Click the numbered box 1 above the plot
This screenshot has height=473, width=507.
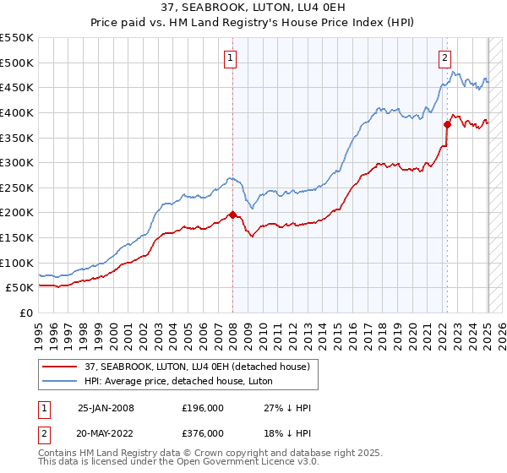(x=230, y=58)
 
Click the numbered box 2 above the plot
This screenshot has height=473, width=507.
(x=444, y=58)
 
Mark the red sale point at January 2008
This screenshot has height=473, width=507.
(x=232, y=215)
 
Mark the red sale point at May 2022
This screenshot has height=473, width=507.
(x=447, y=125)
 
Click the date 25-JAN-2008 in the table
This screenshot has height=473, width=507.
(x=106, y=408)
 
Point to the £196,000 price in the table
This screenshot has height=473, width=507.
(x=203, y=408)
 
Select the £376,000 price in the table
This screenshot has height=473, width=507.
(x=203, y=433)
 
